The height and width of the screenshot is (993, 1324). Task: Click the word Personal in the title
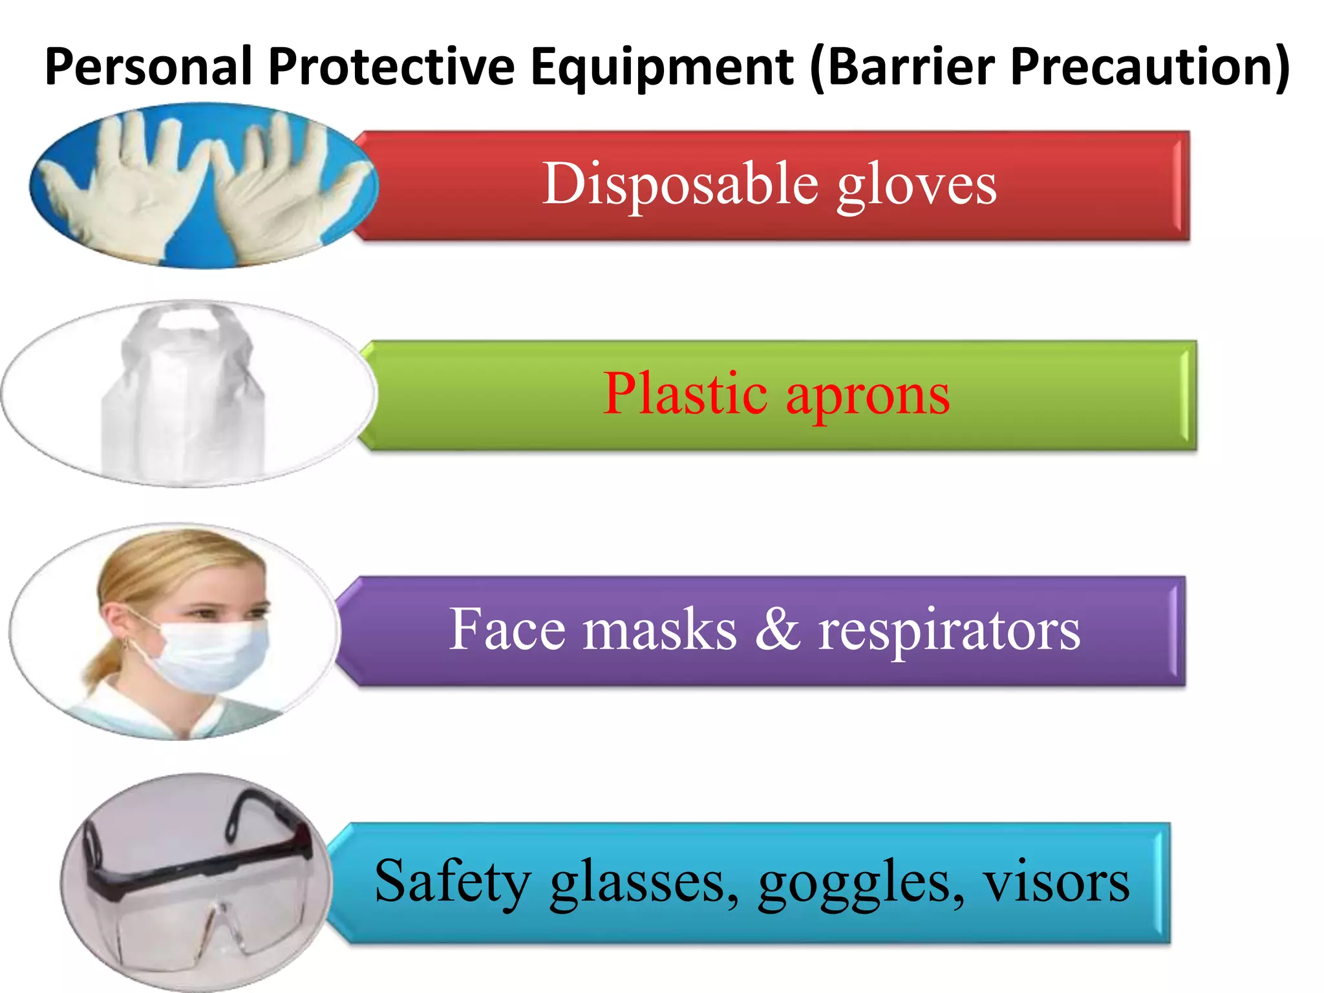tap(148, 67)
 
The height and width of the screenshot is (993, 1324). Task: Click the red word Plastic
tap(685, 394)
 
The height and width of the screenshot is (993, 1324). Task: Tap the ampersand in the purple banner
tap(777, 628)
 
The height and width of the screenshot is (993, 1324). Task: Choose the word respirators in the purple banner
tap(949, 631)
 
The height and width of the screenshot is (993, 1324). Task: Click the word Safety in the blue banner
tap(453, 883)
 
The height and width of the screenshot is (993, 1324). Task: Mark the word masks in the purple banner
tap(659, 630)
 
